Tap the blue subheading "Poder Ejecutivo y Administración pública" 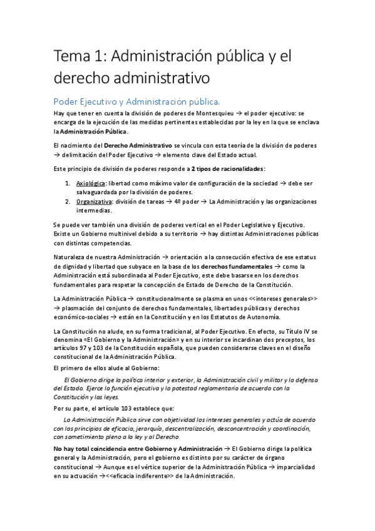click(136, 101)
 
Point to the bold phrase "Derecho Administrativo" click(138, 145)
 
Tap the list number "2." click(68, 202)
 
